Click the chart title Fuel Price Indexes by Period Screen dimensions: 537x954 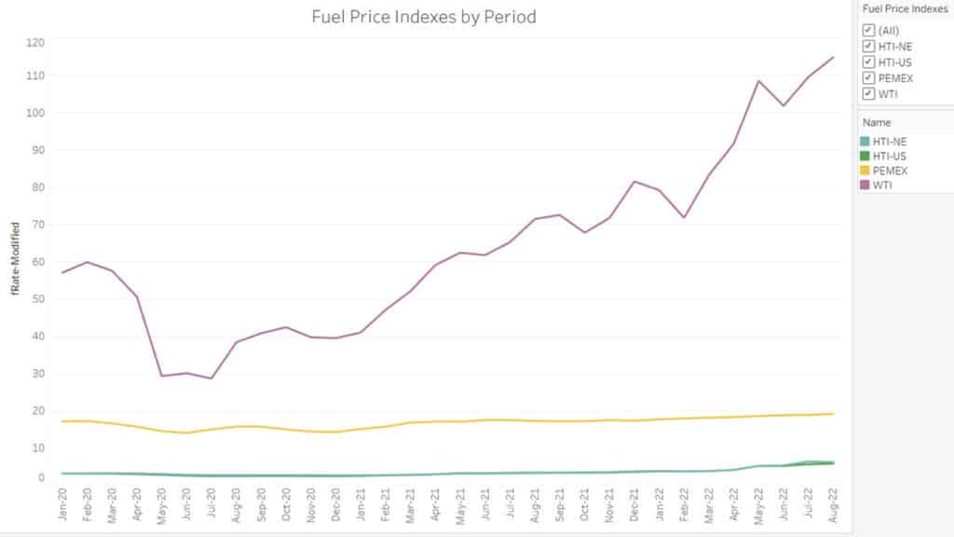coord(424,17)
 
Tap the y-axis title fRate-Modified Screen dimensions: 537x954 coord(16,259)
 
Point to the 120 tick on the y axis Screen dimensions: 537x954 coord(35,43)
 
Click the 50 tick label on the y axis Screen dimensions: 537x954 coord(35,299)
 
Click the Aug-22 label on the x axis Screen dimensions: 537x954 coord(833,505)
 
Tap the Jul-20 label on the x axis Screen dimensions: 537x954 coord(212,505)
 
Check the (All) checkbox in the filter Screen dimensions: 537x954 coord(868,30)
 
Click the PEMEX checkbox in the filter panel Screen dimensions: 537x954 coord(868,77)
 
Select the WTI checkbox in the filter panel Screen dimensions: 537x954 coord(868,93)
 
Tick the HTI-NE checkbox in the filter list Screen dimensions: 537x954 coord(868,46)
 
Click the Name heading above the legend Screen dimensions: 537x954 coord(876,122)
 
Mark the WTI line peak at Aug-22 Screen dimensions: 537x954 coord(833,57)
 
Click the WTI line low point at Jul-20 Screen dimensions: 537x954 coord(212,379)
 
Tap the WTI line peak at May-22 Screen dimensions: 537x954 coord(758,81)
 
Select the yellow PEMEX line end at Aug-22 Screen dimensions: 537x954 coord(833,414)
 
